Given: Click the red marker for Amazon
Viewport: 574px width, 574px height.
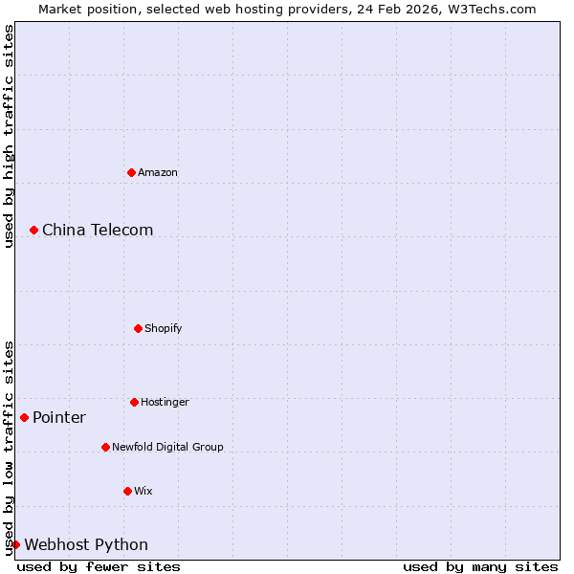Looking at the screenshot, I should click(x=132, y=172).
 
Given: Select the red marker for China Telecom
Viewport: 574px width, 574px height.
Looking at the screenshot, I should click(x=33, y=230).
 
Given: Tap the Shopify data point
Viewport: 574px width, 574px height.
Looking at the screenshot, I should click(x=138, y=328).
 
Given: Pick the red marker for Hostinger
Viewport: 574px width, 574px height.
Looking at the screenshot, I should click(x=134, y=402).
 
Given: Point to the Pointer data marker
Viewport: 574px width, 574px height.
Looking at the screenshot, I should click(x=24, y=417).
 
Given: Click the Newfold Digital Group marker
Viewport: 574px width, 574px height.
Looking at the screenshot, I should click(x=105, y=447).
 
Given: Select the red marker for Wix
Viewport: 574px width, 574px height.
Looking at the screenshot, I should click(x=127, y=491).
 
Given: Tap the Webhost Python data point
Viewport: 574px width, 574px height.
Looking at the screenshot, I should click(x=15, y=544).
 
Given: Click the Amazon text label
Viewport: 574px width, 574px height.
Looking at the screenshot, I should click(x=158, y=173).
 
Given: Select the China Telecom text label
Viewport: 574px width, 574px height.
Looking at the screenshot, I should click(x=98, y=231).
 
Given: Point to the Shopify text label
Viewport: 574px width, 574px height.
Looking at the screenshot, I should click(x=164, y=329).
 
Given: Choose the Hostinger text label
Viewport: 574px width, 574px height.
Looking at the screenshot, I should click(x=165, y=403).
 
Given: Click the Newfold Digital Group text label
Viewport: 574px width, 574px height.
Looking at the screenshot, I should click(x=167, y=448).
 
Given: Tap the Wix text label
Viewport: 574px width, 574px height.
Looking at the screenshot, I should click(x=143, y=492).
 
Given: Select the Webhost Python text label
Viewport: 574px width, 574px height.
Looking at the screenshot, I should click(x=86, y=545).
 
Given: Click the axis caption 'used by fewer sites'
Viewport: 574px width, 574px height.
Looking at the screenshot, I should click(x=99, y=567).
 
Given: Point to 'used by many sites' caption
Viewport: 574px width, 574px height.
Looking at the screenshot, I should click(x=480, y=567).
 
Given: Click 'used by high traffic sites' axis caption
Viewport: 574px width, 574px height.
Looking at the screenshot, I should click(x=9, y=136).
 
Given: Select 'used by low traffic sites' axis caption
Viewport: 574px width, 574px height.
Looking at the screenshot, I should click(x=9, y=448).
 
